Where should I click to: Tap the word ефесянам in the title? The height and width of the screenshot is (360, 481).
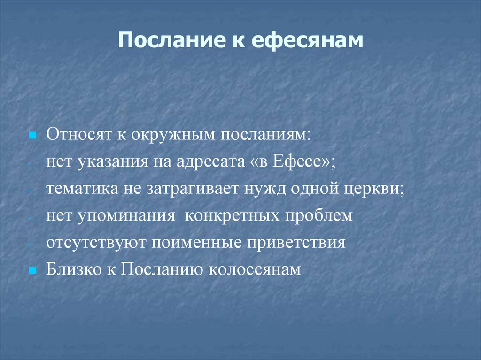[x=308, y=41]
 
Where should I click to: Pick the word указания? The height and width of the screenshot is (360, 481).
[x=111, y=162]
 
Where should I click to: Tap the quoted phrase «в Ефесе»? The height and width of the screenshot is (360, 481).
[x=289, y=162]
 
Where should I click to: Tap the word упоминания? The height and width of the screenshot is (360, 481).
[x=125, y=216]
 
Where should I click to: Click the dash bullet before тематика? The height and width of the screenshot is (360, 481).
[x=30, y=191]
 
